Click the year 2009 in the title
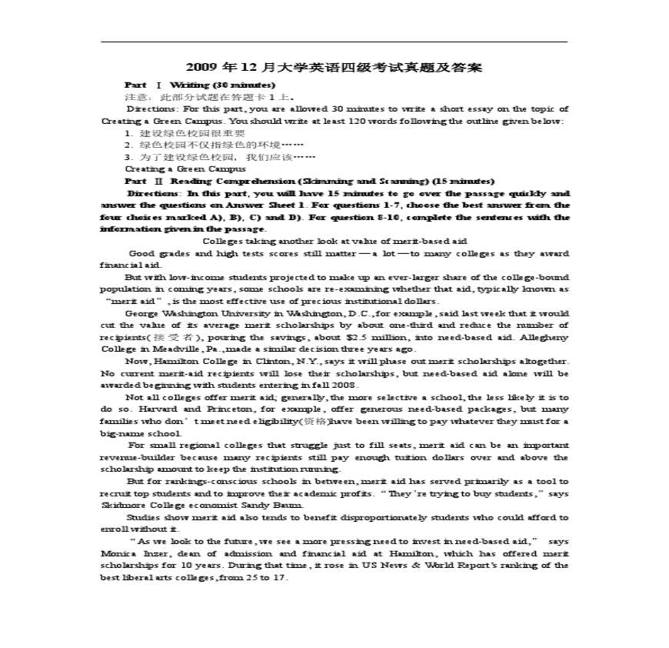(201, 68)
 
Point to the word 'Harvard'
(158, 409)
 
